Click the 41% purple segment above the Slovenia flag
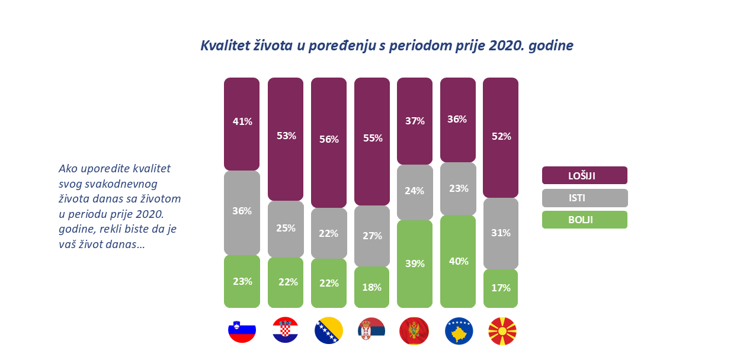pos(242,124)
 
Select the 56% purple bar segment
pos(329,142)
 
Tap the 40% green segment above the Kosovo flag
pos(458,261)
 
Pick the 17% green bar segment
pos(501,288)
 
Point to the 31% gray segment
pos(501,233)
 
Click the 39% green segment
pos(415,263)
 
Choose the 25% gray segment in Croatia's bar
pos(286,229)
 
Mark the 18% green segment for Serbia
pos(372,287)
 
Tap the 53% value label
pos(286,136)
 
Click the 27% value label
pos(372,235)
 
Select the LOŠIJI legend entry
pos(584,175)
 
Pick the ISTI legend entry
pos(584,198)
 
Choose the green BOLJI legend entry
pos(584,220)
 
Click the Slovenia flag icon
pos(242,331)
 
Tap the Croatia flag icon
pos(286,331)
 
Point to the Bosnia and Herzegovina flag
pos(329,331)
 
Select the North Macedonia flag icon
pos(502,331)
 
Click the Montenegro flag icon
pos(415,331)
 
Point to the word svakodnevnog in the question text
pos(126,184)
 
